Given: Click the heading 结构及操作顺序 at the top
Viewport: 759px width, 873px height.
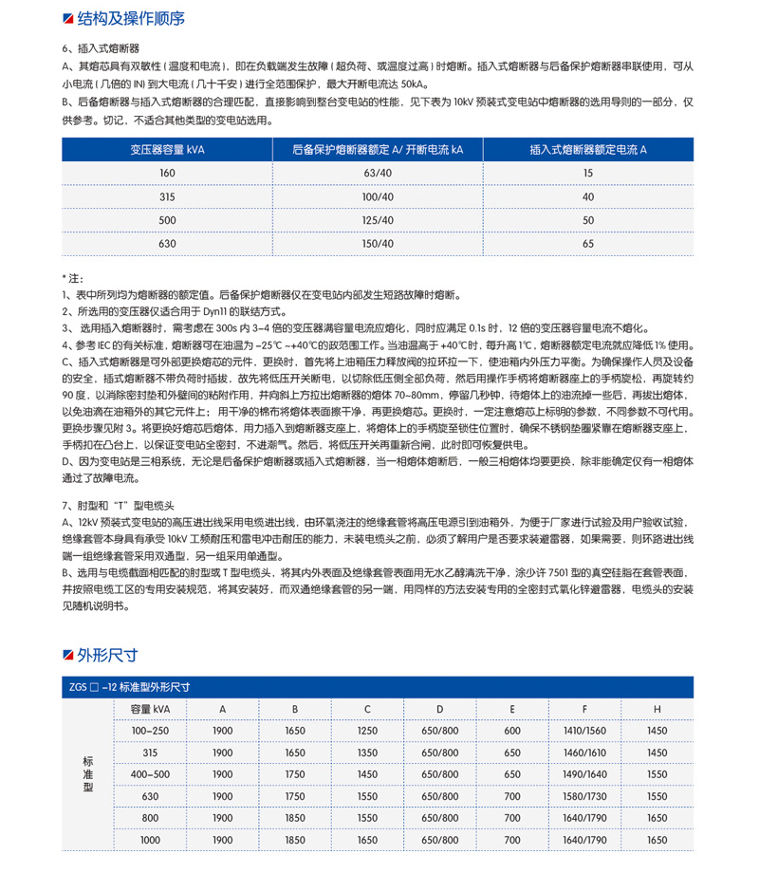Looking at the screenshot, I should pos(130,18).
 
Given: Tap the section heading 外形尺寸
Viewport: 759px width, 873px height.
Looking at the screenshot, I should pos(107,655).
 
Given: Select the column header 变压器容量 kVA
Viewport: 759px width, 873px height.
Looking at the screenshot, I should pos(168,150).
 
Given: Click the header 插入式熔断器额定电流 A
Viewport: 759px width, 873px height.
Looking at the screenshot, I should pos(588,150).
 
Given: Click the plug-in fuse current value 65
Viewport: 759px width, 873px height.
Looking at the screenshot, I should pos(588,244).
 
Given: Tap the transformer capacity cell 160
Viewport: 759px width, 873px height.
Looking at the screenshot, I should pos(168,173).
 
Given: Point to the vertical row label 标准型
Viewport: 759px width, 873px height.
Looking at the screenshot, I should pos(88,773).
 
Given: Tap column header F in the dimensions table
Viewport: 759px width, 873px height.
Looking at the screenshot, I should pos(584,709).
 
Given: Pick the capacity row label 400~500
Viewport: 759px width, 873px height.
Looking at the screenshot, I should pos(150,774).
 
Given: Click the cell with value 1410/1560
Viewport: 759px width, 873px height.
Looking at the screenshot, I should pos(584,731).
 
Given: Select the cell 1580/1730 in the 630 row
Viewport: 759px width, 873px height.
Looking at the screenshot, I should pos(584,796).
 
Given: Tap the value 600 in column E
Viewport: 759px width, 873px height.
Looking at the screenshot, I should pos(512,731).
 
